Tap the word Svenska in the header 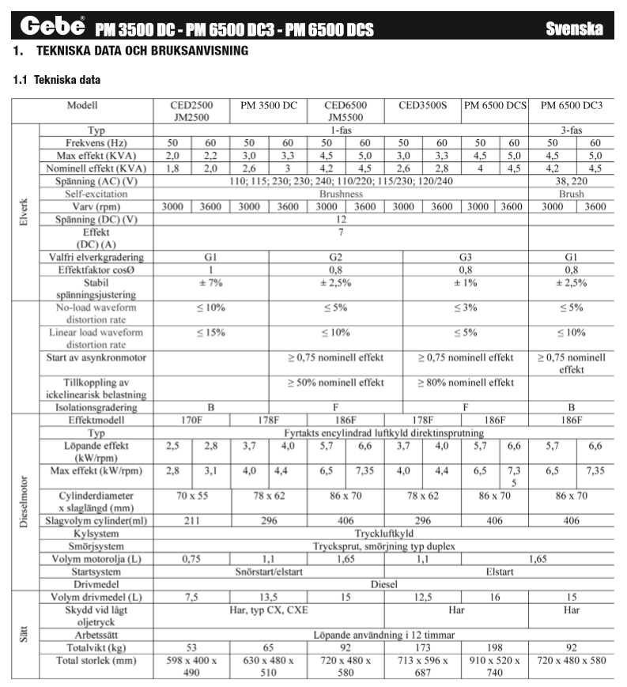pyautogui.click(x=574, y=29)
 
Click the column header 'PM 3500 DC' pyautogui.click(x=269, y=105)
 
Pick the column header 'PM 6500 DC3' pyautogui.click(x=572, y=105)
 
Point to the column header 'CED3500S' pyautogui.click(x=422, y=105)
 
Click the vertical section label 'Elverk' pyautogui.click(x=23, y=212)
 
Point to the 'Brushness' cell pyautogui.click(x=341, y=194)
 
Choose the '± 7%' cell pyautogui.click(x=210, y=283)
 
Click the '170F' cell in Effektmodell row pyautogui.click(x=191, y=421)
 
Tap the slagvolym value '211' pyautogui.click(x=191, y=521)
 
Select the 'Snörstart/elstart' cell pyautogui.click(x=269, y=572)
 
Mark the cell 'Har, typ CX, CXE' pyautogui.click(x=269, y=610)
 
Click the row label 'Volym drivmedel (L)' pyautogui.click(x=96, y=597)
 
